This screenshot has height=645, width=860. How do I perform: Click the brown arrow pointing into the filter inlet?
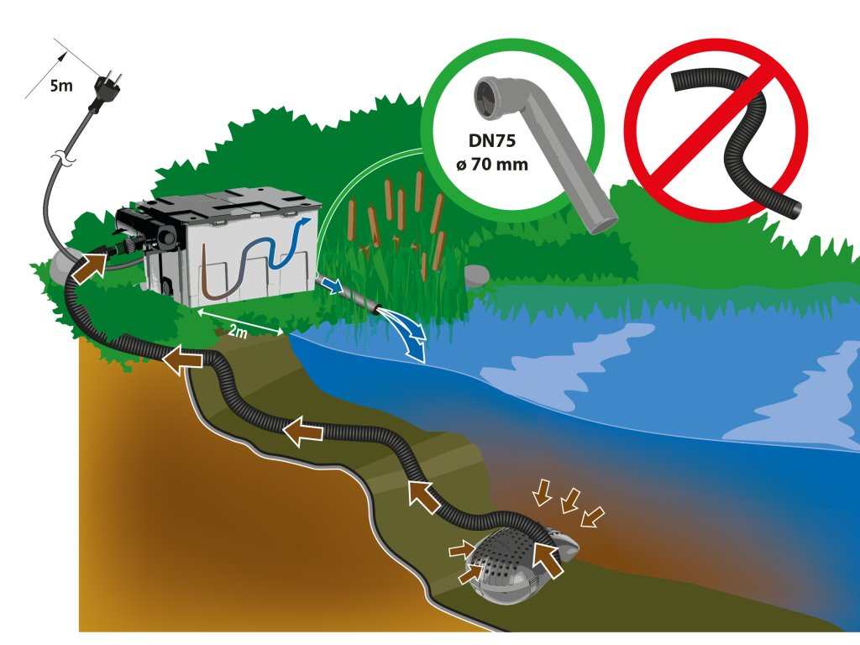pyautogui.click(x=90, y=266)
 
